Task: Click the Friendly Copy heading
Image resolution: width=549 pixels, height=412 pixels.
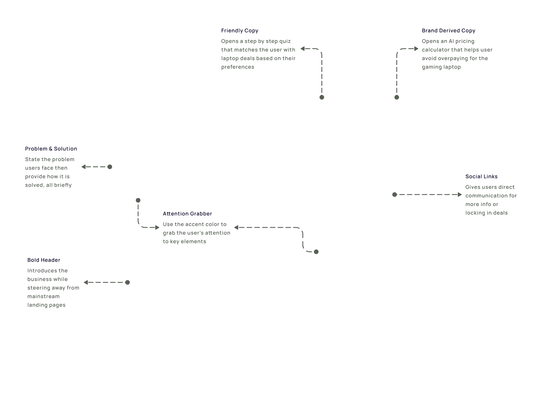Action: [240, 31]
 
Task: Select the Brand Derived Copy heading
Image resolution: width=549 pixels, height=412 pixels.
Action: [448, 31]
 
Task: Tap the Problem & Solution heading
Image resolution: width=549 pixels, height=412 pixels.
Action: [51, 149]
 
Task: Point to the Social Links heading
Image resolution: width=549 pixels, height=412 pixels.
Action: [481, 177]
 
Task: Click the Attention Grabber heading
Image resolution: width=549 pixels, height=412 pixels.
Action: [187, 214]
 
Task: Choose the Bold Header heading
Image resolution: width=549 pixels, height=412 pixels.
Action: [44, 260]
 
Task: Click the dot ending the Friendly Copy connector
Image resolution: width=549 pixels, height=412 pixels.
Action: [322, 97]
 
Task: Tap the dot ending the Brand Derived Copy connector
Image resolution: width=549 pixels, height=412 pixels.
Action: [397, 97]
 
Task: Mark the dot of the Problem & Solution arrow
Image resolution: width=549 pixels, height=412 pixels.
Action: [110, 167]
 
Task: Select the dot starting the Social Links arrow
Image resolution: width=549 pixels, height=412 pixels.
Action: [395, 195]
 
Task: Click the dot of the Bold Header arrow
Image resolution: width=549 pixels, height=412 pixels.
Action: [128, 282]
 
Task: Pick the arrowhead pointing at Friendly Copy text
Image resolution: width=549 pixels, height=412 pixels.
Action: [303, 49]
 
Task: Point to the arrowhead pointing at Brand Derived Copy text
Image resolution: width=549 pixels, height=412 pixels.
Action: [416, 49]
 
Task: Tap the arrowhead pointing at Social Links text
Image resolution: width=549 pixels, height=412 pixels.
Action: [460, 195]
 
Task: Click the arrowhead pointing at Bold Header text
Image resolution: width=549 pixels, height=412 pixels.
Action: [86, 282]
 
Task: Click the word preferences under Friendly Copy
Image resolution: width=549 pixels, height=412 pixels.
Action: [238, 67]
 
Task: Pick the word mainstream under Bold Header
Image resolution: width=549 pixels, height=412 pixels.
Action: [43, 296]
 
